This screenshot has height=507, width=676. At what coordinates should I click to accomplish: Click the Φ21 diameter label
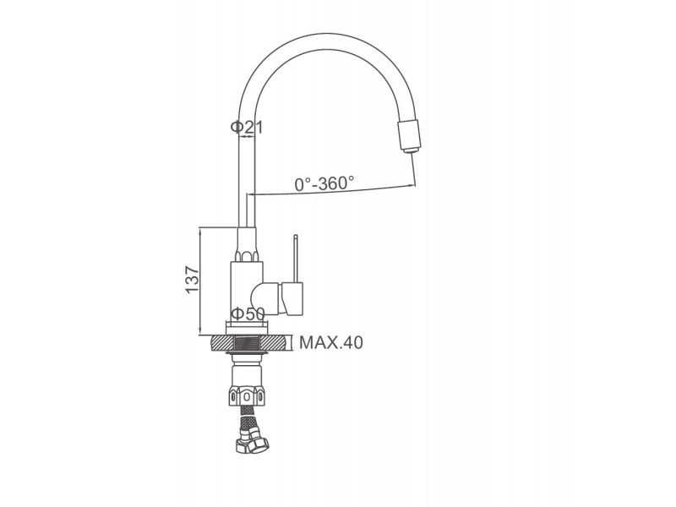(246, 127)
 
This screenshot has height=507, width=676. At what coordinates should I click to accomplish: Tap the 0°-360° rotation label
(324, 183)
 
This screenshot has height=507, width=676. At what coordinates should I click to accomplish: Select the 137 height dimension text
(193, 281)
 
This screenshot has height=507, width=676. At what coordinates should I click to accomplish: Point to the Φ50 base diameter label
(248, 313)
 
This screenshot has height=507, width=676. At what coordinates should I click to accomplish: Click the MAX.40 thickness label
(331, 343)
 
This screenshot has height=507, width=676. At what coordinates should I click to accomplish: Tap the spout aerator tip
(410, 150)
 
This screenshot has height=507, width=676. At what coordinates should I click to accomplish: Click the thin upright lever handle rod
(295, 259)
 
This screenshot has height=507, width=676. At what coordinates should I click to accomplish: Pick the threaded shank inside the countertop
(248, 344)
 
